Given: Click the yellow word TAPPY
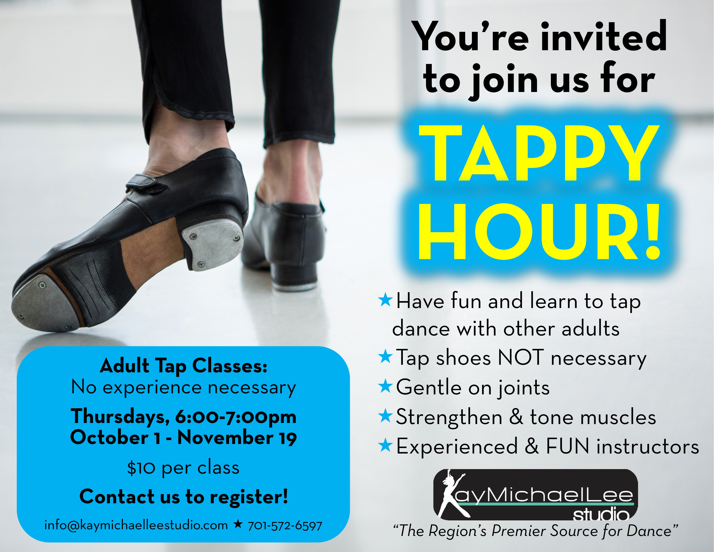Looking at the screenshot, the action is click(x=539, y=153).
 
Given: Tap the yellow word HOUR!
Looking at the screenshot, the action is click(x=540, y=232).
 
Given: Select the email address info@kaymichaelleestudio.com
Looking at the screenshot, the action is click(x=136, y=526).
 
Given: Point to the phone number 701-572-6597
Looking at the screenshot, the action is click(x=285, y=526).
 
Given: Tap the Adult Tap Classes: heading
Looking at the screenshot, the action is click(x=184, y=366).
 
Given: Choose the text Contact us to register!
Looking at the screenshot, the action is click(x=184, y=497).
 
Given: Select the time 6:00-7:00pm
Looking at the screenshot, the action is click(x=236, y=417).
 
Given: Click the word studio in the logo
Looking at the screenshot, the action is click(x=601, y=515).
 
